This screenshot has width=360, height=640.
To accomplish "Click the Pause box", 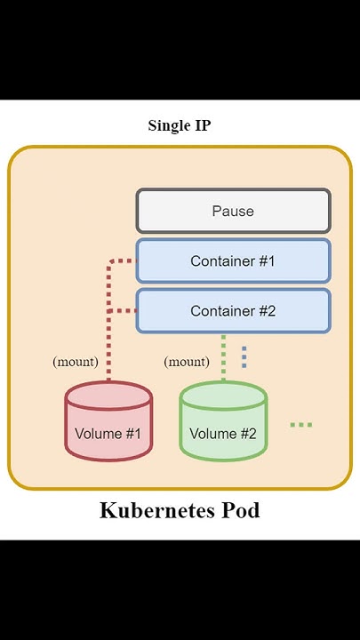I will click(233, 212).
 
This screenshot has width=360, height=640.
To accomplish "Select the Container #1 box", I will click(233, 261).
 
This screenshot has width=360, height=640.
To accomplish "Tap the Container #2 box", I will click(233, 311).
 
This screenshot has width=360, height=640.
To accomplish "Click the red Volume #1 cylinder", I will click(108, 422).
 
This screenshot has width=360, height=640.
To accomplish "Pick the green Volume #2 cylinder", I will click(223, 422).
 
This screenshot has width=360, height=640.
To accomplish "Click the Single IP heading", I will click(180, 125).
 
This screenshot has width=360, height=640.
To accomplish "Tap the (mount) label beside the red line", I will click(76, 362).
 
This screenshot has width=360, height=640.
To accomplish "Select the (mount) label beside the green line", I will click(187, 362).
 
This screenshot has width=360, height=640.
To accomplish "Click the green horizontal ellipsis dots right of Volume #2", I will click(301, 425).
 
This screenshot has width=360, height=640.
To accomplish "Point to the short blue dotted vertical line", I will click(244, 356).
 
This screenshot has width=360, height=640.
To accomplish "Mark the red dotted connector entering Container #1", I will click(123, 261).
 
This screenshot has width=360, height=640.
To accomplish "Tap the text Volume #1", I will click(108, 434).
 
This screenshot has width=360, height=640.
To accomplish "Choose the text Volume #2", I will click(223, 434).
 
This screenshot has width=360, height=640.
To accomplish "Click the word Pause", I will click(233, 212).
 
